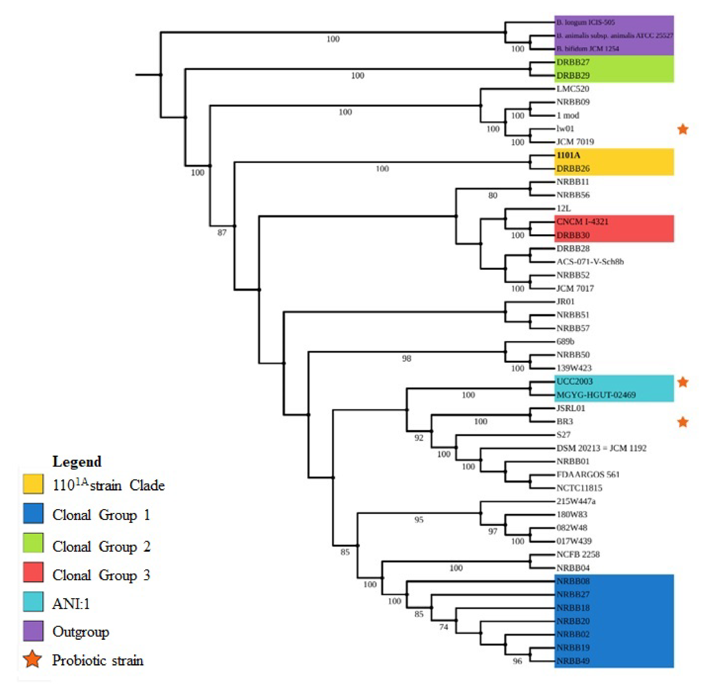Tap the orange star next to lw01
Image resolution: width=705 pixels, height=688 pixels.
[x=683, y=129]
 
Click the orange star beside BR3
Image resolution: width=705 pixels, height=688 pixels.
[x=683, y=422]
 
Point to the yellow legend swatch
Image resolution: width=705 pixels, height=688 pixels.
[x=33, y=484]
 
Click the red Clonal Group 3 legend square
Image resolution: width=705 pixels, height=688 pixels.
[x=33, y=572]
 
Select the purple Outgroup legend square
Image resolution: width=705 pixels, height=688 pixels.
[x=33, y=631]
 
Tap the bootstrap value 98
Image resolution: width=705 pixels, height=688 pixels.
[x=407, y=358]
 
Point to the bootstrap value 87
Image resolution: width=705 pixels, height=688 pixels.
[x=222, y=233]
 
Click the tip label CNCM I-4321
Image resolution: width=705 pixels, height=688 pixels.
[x=582, y=222]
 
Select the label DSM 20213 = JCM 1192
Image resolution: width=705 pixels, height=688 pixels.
[x=601, y=448]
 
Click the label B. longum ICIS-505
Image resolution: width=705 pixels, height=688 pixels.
[x=585, y=22]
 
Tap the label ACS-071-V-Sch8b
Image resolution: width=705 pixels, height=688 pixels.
[x=590, y=262]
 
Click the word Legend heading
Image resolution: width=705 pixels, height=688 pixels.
[x=77, y=461]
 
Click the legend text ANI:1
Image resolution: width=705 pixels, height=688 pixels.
[x=71, y=604]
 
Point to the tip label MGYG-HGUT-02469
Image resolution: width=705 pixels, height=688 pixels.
[x=596, y=395]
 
